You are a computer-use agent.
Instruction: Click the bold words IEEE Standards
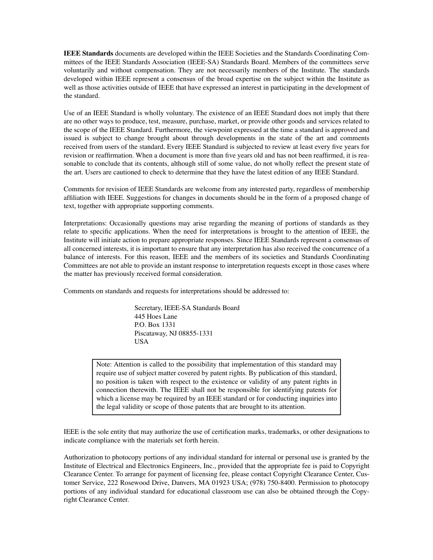[88, 53]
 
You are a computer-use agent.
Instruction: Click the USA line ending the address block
[141, 341]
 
